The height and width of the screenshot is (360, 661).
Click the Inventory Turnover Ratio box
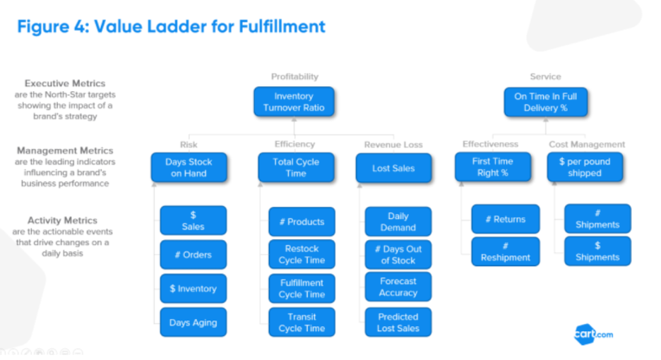click(294, 102)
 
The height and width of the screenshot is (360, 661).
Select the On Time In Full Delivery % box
click(545, 102)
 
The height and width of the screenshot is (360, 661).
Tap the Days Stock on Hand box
click(189, 167)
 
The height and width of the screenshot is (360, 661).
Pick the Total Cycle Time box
click(296, 167)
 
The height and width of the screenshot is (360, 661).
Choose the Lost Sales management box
click(394, 168)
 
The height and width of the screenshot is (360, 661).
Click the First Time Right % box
click(493, 167)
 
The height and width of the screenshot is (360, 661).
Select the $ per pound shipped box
click(585, 167)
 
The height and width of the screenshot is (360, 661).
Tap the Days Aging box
click(193, 323)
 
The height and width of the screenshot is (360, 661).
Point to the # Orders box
click(193, 255)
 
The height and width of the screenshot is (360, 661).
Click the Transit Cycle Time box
click(302, 323)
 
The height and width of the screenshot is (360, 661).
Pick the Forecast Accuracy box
click(398, 287)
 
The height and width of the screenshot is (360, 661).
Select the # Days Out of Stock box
click(398, 255)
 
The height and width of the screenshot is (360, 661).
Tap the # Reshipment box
click(506, 252)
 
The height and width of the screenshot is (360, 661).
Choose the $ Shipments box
click(597, 251)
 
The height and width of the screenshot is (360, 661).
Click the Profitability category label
click(294, 77)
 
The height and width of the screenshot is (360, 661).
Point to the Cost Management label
click(587, 145)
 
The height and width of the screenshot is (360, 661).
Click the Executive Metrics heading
click(65, 83)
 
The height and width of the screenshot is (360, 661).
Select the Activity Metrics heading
click(62, 220)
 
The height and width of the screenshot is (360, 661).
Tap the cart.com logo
click(593, 335)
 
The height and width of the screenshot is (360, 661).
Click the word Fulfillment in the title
click(282, 26)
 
